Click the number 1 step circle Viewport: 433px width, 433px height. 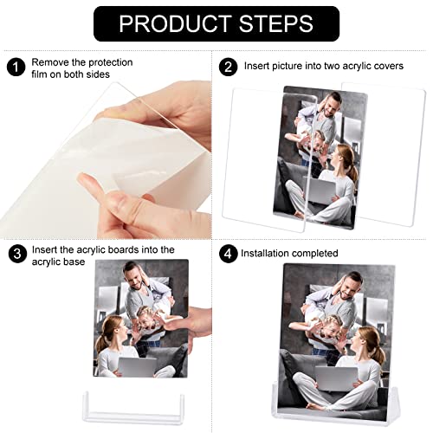point(14,66)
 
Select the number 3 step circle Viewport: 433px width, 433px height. point(16,255)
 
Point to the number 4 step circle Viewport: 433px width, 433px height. point(228,255)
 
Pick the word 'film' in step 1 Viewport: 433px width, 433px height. point(42,75)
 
